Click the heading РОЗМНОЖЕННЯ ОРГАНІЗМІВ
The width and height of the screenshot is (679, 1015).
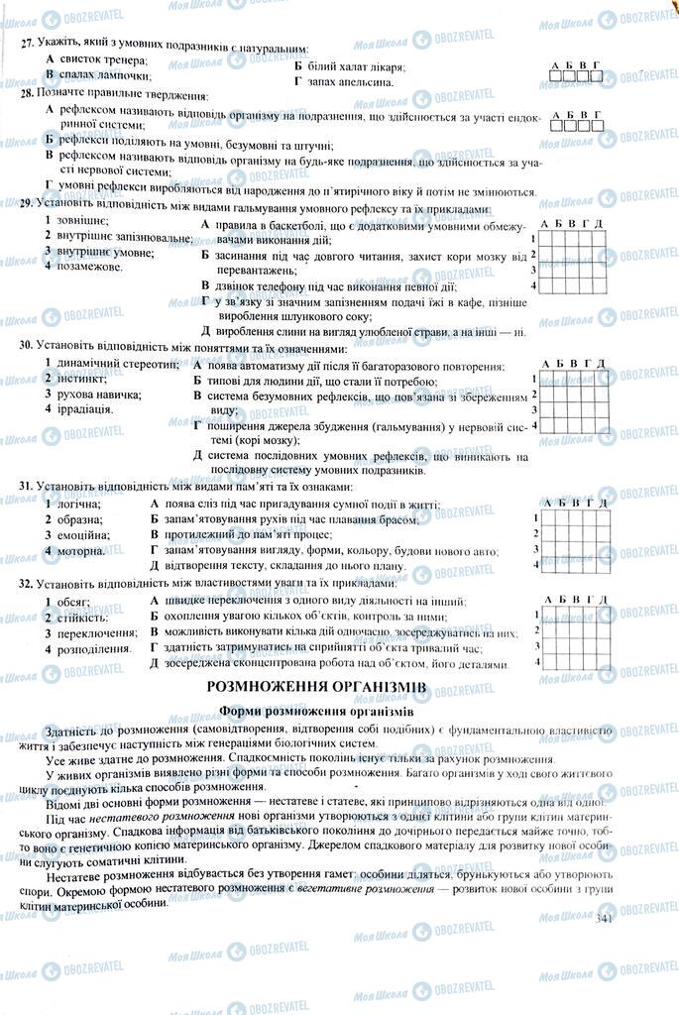point(316,686)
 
